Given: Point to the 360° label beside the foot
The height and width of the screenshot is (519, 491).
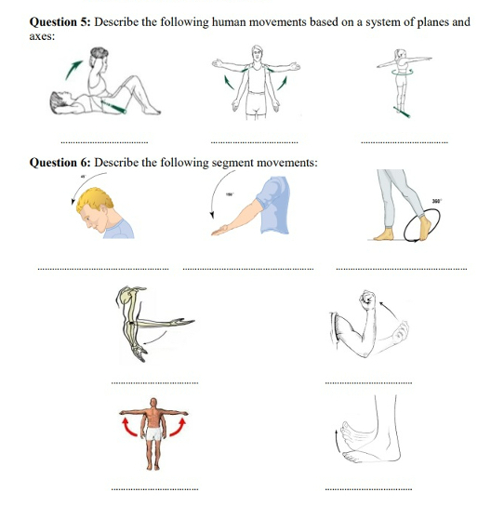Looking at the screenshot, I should coord(436,201).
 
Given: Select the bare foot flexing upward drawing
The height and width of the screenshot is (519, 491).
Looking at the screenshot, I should coord(372,437).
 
